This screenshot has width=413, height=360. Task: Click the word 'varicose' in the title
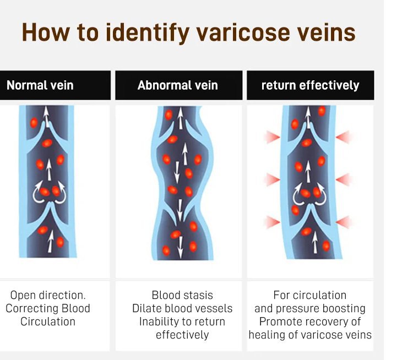tap(238, 32)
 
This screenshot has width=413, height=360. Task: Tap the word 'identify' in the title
tap(148, 32)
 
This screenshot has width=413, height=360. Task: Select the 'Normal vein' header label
tap(40, 85)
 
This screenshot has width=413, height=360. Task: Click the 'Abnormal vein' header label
tap(178, 85)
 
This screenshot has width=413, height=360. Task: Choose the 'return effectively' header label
tap(310, 85)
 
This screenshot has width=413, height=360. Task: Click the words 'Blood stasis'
tap(182, 295)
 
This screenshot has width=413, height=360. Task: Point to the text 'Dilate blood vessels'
tap(182, 308)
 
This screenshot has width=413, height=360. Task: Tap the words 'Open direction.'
tap(48, 295)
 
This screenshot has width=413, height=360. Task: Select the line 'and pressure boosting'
tap(310, 309)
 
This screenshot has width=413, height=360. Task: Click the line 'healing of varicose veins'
tap(310, 335)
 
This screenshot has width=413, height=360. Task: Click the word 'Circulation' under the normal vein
tap(48, 321)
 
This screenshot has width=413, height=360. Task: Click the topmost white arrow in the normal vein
tap(47, 116)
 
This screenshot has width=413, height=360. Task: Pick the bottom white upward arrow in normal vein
tap(51, 241)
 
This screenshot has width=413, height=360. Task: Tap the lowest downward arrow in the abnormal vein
tap(180, 247)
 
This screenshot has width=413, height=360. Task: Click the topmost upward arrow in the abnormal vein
tap(181, 118)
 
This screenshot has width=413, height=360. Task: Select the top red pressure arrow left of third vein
tap(272, 137)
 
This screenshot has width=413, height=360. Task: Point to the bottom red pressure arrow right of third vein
tap(344, 222)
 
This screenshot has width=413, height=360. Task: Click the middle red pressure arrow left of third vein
tap(272, 179)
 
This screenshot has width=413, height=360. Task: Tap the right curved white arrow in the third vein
tap(322, 194)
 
